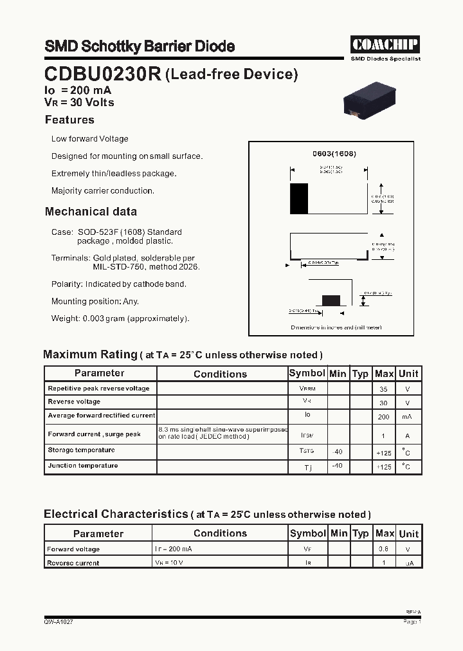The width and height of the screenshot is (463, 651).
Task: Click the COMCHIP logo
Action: click(x=385, y=44)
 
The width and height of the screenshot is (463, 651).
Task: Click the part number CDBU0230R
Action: click(x=103, y=75)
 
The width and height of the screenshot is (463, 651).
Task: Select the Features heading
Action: click(x=69, y=120)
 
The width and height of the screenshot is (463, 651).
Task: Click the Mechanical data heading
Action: click(x=91, y=212)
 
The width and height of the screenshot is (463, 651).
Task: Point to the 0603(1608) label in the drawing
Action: click(x=334, y=154)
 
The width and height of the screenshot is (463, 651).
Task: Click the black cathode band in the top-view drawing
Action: click(x=299, y=198)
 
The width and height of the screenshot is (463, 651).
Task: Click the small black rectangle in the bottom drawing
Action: click(x=331, y=300)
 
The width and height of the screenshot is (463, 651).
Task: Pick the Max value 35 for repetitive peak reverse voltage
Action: click(x=384, y=389)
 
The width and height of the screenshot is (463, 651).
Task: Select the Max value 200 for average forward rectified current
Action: click(x=384, y=417)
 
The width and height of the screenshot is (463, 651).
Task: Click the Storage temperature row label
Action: click(x=81, y=450)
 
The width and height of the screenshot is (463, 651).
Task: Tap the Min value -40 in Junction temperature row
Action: click(x=337, y=466)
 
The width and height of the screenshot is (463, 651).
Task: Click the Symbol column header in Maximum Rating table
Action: click(x=307, y=374)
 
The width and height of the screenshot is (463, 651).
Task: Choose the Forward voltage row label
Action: click(x=73, y=549)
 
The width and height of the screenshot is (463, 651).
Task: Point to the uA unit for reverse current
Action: click(x=408, y=564)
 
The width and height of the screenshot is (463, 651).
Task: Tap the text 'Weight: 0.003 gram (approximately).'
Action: click(x=120, y=318)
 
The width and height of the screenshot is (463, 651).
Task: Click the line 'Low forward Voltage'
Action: click(x=89, y=139)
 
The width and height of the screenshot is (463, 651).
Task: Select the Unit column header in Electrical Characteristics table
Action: click(x=408, y=534)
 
